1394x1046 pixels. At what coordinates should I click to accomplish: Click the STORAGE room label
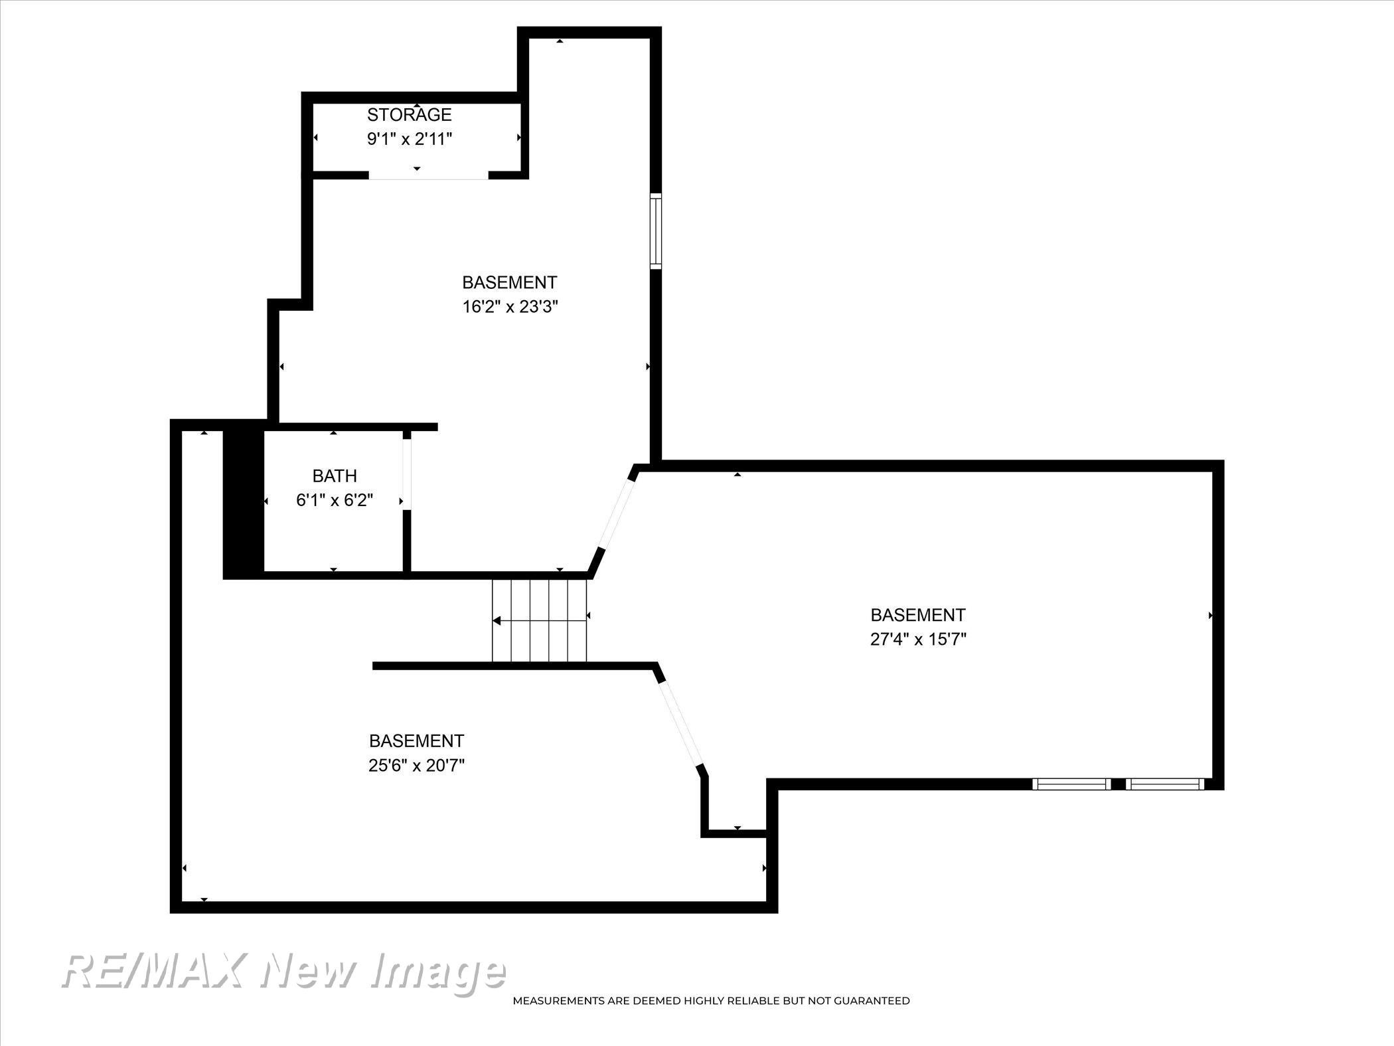point(409,115)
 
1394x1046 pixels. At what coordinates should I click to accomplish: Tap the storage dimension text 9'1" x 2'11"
point(410,139)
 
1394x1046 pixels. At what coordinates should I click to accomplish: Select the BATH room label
point(335,476)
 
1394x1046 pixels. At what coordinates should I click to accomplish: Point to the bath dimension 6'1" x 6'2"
point(335,500)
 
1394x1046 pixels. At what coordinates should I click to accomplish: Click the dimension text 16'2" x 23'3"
point(510,307)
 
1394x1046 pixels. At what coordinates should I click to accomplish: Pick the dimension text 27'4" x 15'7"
point(918,639)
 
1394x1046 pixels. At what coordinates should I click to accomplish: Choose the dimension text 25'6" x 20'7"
point(416,765)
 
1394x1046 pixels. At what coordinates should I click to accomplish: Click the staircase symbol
point(540,620)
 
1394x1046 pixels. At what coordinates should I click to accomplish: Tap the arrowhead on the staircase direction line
point(497,621)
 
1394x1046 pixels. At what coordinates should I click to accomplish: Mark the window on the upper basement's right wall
point(656,231)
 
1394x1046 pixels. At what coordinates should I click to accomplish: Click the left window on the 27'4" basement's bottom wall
point(1071,784)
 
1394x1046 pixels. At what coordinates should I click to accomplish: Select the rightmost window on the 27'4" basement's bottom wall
point(1165,784)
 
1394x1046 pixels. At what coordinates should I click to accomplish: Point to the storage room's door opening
point(429,175)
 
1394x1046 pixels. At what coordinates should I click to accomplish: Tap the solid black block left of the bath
point(243,503)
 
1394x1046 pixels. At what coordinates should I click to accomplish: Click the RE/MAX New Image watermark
point(283,972)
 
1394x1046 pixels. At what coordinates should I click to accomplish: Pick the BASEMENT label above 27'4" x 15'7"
point(918,614)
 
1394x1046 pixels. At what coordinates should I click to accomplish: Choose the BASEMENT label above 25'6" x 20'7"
point(416,741)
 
